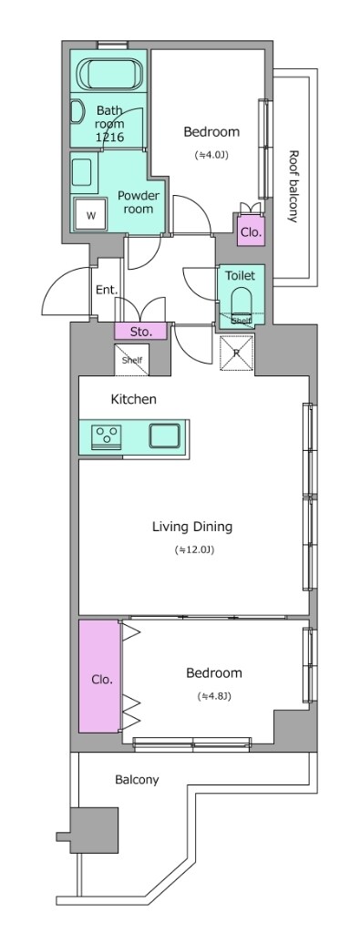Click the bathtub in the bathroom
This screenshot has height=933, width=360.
click(x=111, y=73)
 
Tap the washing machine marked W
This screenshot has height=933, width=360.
click(x=90, y=214)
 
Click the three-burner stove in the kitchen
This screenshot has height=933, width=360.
click(x=107, y=436)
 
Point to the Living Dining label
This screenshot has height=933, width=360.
click(x=192, y=527)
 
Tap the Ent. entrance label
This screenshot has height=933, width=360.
click(x=107, y=291)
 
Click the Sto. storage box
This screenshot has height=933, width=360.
click(x=141, y=332)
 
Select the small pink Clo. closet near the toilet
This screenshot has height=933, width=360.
click(x=252, y=231)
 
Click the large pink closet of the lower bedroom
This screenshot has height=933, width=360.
click(x=100, y=677)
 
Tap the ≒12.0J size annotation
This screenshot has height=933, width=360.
click(x=194, y=549)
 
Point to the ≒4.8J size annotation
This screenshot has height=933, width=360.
click(x=214, y=696)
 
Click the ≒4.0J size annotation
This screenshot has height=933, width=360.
click(x=212, y=154)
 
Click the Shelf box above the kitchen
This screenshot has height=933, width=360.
click(x=132, y=360)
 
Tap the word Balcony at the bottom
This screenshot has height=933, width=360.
click(x=137, y=780)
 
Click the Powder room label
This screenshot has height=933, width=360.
click(x=138, y=202)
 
